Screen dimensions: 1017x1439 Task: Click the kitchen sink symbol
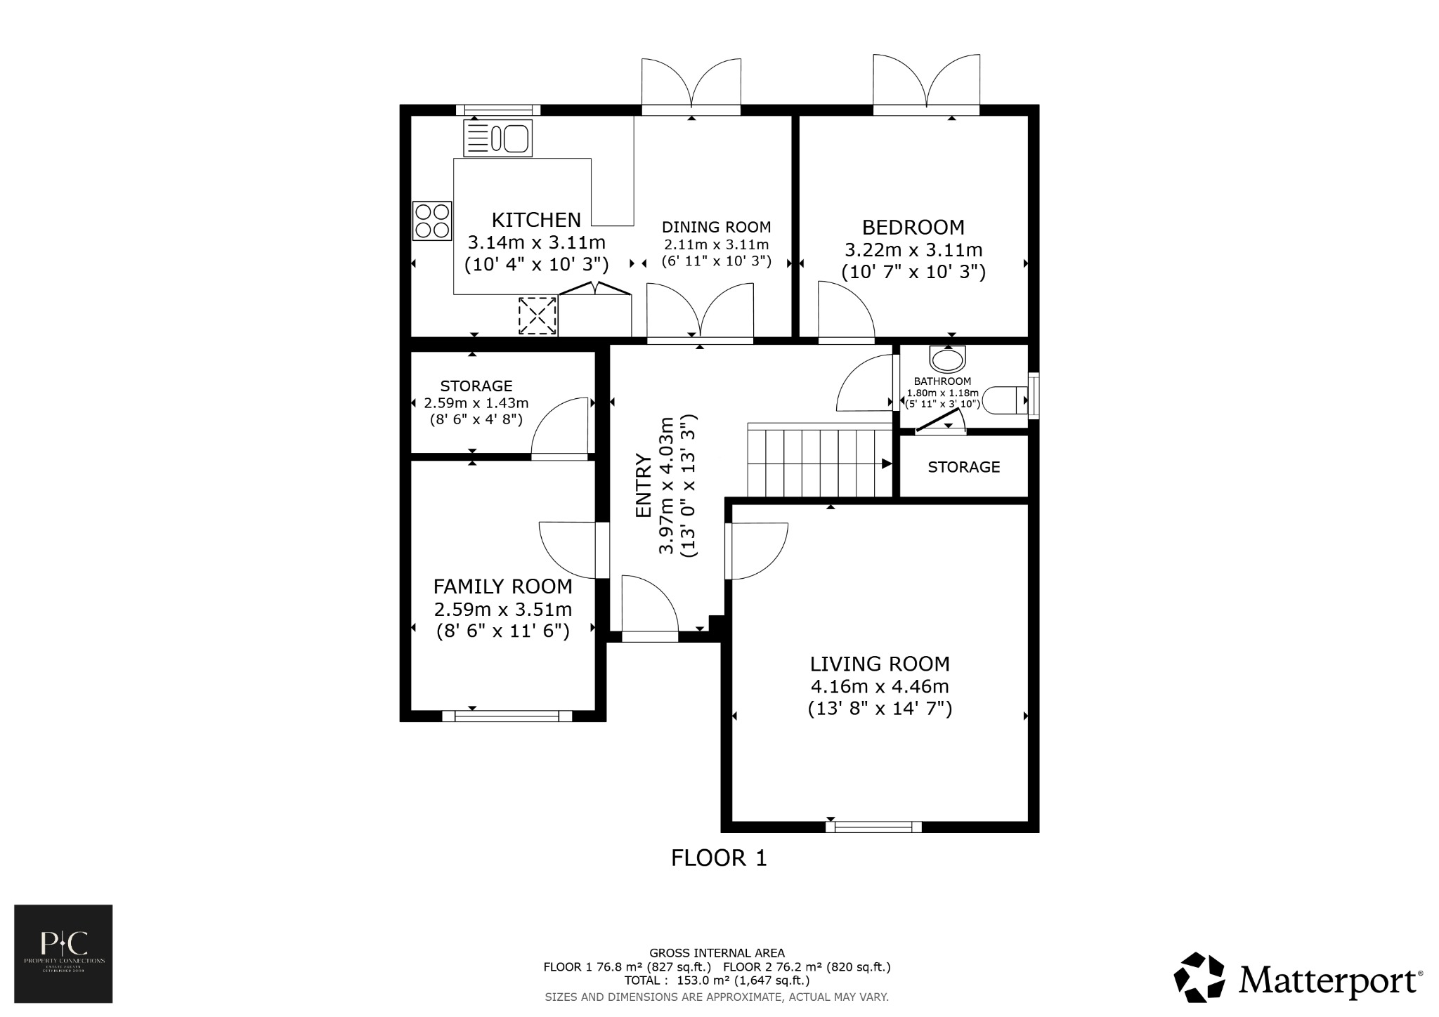pos(497,138)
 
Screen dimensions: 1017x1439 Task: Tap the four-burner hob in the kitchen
pos(431,221)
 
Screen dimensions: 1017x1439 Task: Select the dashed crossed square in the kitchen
pos(538,316)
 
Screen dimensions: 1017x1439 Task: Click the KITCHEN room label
pos(536,221)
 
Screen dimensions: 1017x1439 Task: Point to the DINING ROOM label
pos(716,228)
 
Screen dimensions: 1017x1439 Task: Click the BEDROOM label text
pos(913,228)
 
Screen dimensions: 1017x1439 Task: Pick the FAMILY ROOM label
pos(502,586)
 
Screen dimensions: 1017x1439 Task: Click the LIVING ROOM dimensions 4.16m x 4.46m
pos(879,686)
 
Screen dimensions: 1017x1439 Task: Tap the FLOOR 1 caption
pos(719,858)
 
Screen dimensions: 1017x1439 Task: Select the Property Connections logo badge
pos(63,954)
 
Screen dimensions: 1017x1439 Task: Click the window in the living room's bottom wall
pos(873,827)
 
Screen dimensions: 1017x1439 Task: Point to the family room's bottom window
pos(507,716)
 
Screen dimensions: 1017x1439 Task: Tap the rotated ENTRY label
pos(643,486)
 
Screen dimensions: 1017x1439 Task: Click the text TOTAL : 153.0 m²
pos(717,980)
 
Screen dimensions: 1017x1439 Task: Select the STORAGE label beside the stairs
pos(963,467)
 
